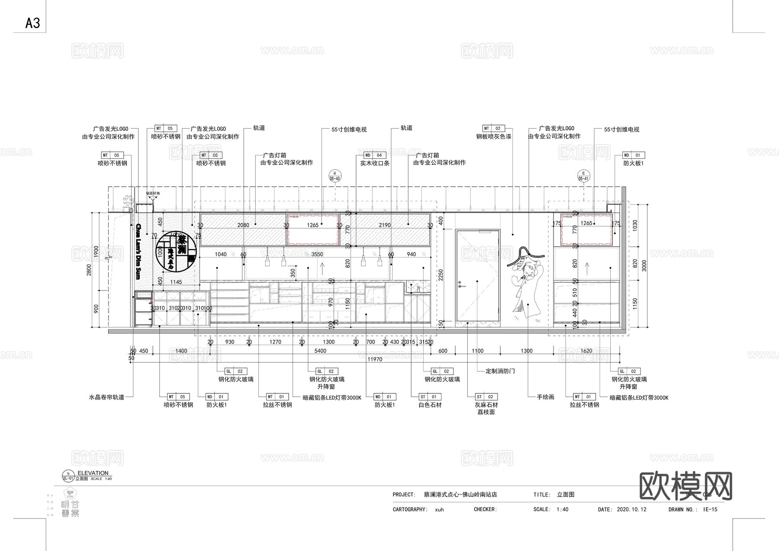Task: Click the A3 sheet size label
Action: click(32, 23)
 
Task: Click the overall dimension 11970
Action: click(374, 359)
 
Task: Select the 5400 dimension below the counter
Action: click(320, 351)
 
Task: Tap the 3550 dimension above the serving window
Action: click(317, 254)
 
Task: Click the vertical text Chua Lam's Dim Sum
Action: click(138, 251)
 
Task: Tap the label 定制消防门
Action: click(500, 371)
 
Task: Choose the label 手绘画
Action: click(545, 397)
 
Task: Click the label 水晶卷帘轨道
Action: click(106, 397)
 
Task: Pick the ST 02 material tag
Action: click(486, 396)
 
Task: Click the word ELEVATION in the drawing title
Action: click(93, 473)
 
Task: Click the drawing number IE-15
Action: click(710, 509)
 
